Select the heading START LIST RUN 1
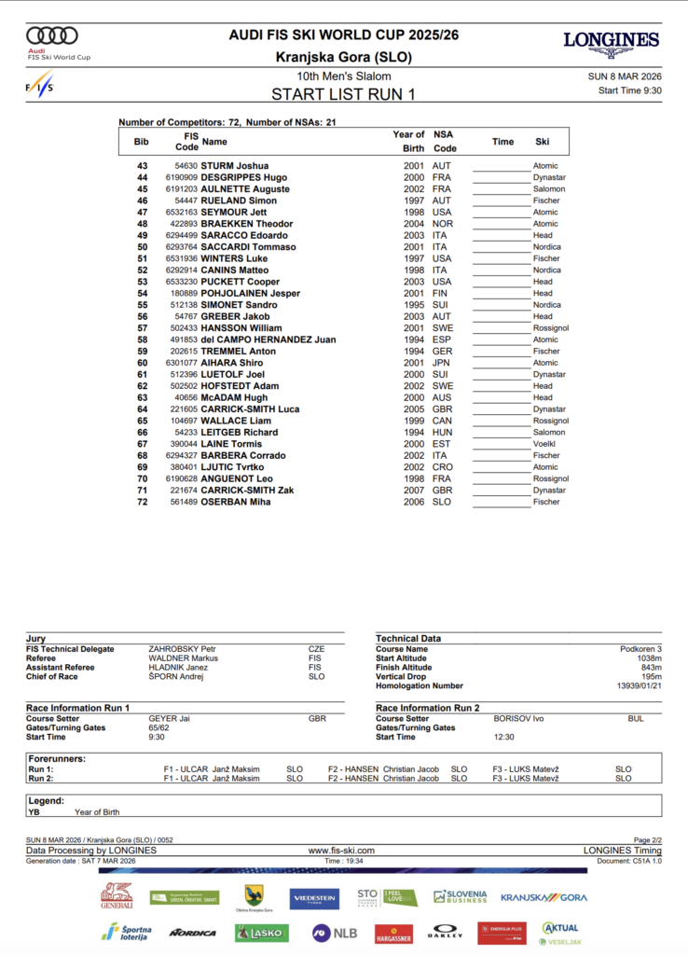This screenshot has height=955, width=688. [x=343, y=93]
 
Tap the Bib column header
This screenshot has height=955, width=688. [x=142, y=142]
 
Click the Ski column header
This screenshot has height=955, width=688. [x=543, y=142]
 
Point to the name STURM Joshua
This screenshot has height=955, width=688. [x=235, y=166]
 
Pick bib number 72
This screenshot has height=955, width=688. [x=143, y=502]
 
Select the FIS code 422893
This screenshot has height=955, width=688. [x=178, y=224]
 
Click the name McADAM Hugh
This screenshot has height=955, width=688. [x=235, y=397]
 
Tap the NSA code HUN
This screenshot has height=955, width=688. [x=442, y=432]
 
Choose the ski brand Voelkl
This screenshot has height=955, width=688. [x=546, y=444]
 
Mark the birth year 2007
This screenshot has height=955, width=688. [x=414, y=491]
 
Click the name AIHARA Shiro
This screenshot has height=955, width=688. [x=232, y=363]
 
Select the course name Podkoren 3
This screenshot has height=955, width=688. [x=640, y=649]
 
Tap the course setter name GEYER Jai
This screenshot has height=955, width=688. [x=170, y=719]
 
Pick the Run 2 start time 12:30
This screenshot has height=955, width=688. [x=505, y=737]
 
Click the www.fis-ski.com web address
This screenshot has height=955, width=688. [x=341, y=851]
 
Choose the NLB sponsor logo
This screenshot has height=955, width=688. [x=334, y=932]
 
